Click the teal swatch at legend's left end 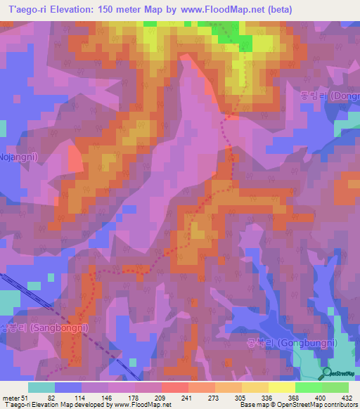pos(41,387)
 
